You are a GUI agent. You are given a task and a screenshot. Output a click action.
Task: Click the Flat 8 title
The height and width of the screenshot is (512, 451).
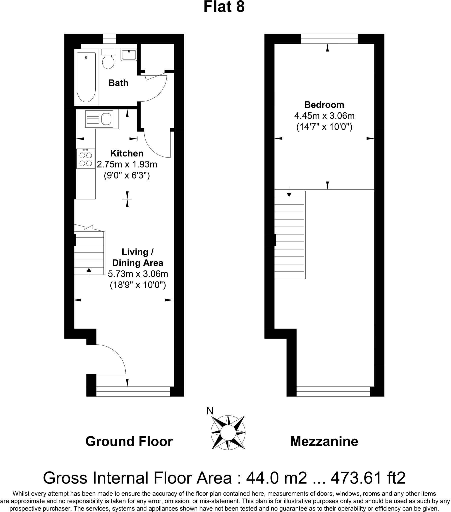tap(224, 7)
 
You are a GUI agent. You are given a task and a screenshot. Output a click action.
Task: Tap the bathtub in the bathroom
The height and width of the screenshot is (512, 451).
tap(86, 77)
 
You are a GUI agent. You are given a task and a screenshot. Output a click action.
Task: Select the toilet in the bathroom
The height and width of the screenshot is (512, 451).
tap(108, 59)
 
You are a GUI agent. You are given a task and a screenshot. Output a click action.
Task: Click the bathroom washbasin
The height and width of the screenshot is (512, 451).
tap(129, 55)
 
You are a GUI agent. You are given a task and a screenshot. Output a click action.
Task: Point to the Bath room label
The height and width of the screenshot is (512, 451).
tap(118, 83)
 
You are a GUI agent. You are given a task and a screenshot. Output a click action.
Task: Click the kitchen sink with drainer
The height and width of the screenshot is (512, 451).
tap(99, 119)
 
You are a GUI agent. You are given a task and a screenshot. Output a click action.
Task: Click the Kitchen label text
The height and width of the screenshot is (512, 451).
tap(127, 153)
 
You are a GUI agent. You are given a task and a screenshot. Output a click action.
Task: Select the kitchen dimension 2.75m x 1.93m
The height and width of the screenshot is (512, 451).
tap(127, 164)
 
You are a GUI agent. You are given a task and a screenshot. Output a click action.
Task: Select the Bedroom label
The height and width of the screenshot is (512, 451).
tap(324, 105)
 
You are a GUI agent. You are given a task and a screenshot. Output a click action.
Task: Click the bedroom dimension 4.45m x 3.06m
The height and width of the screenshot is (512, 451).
tap(324, 116)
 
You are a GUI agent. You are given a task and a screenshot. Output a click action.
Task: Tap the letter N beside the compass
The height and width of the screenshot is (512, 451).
tap(210, 411)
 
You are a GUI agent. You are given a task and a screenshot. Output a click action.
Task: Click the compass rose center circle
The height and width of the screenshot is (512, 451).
tap(228, 432)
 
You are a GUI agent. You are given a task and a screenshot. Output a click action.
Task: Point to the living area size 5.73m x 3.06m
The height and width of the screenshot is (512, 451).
tap(138, 274)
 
